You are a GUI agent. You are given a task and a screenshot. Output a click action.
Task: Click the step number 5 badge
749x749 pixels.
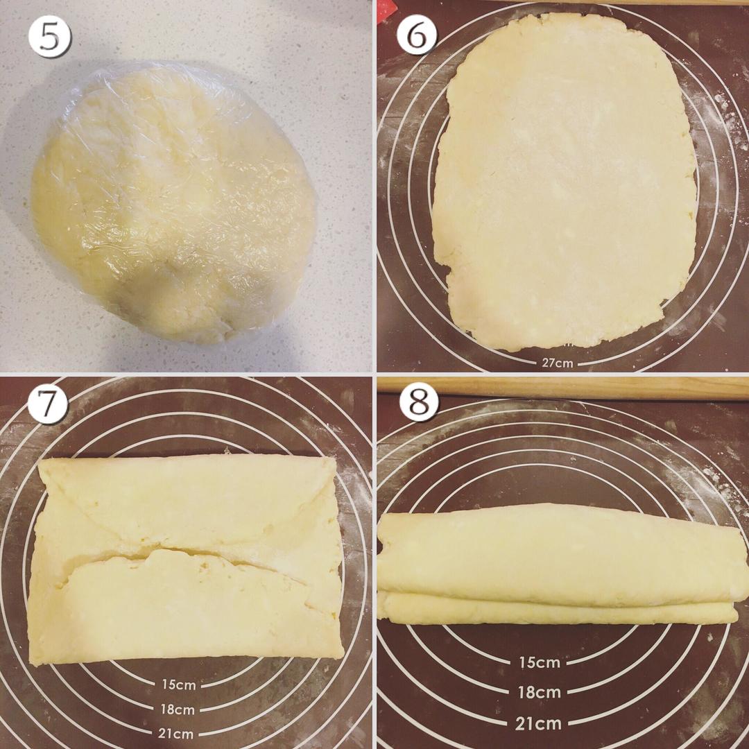(x=50, y=37)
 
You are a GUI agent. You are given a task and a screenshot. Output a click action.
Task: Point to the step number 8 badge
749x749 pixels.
(x=419, y=401)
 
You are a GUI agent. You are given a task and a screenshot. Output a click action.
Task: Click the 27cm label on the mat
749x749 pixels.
(x=557, y=363)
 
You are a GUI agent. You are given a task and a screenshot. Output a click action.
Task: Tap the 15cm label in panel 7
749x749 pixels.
(x=179, y=685)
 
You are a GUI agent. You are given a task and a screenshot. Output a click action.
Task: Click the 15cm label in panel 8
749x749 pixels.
(x=540, y=662)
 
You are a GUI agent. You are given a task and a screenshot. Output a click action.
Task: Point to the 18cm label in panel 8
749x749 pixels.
(x=540, y=691)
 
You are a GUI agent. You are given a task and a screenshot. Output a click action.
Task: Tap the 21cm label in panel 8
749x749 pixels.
(x=538, y=723)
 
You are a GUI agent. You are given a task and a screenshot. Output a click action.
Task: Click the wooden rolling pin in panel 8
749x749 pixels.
(x=562, y=388)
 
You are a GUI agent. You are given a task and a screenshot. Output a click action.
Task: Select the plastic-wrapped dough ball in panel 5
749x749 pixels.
(x=173, y=203)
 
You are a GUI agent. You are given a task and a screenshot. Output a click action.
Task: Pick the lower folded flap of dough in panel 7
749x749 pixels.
(x=187, y=607)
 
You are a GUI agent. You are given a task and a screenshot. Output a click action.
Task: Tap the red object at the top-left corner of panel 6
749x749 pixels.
(x=384, y=10)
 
